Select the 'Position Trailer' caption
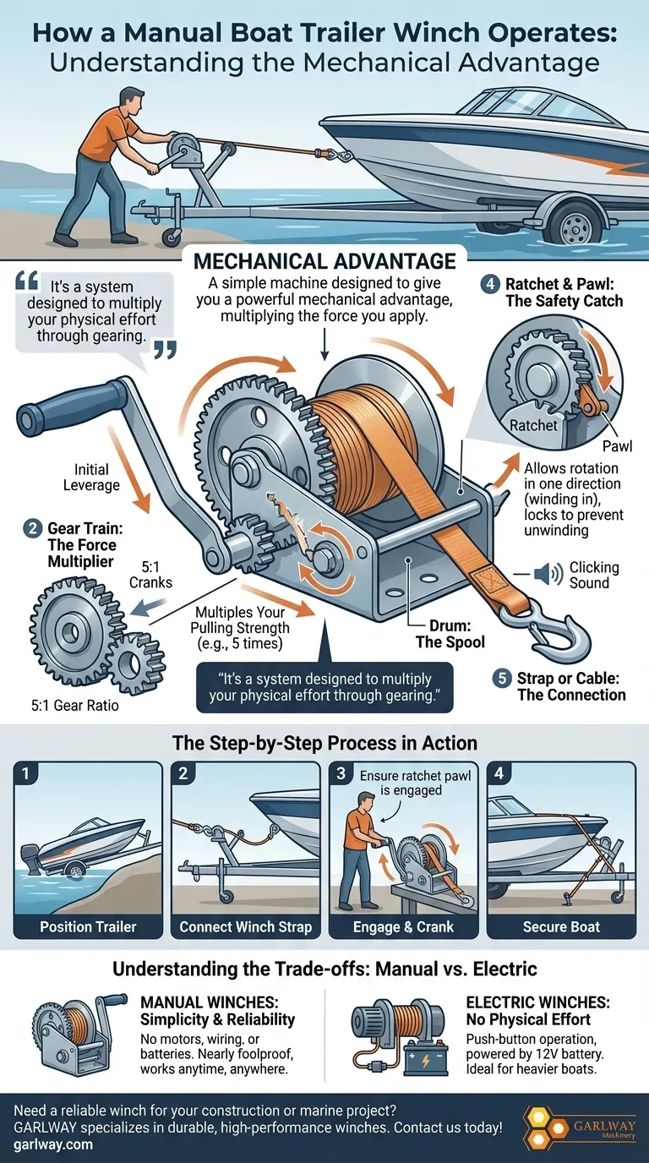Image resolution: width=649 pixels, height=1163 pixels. (x=88, y=926)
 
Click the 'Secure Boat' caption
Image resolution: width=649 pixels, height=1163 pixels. (x=561, y=926)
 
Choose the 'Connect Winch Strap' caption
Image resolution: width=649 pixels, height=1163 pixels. (x=245, y=926)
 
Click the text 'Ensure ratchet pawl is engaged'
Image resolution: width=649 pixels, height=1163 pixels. (x=405, y=784)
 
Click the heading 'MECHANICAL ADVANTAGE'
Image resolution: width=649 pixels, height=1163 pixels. (x=325, y=260)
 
